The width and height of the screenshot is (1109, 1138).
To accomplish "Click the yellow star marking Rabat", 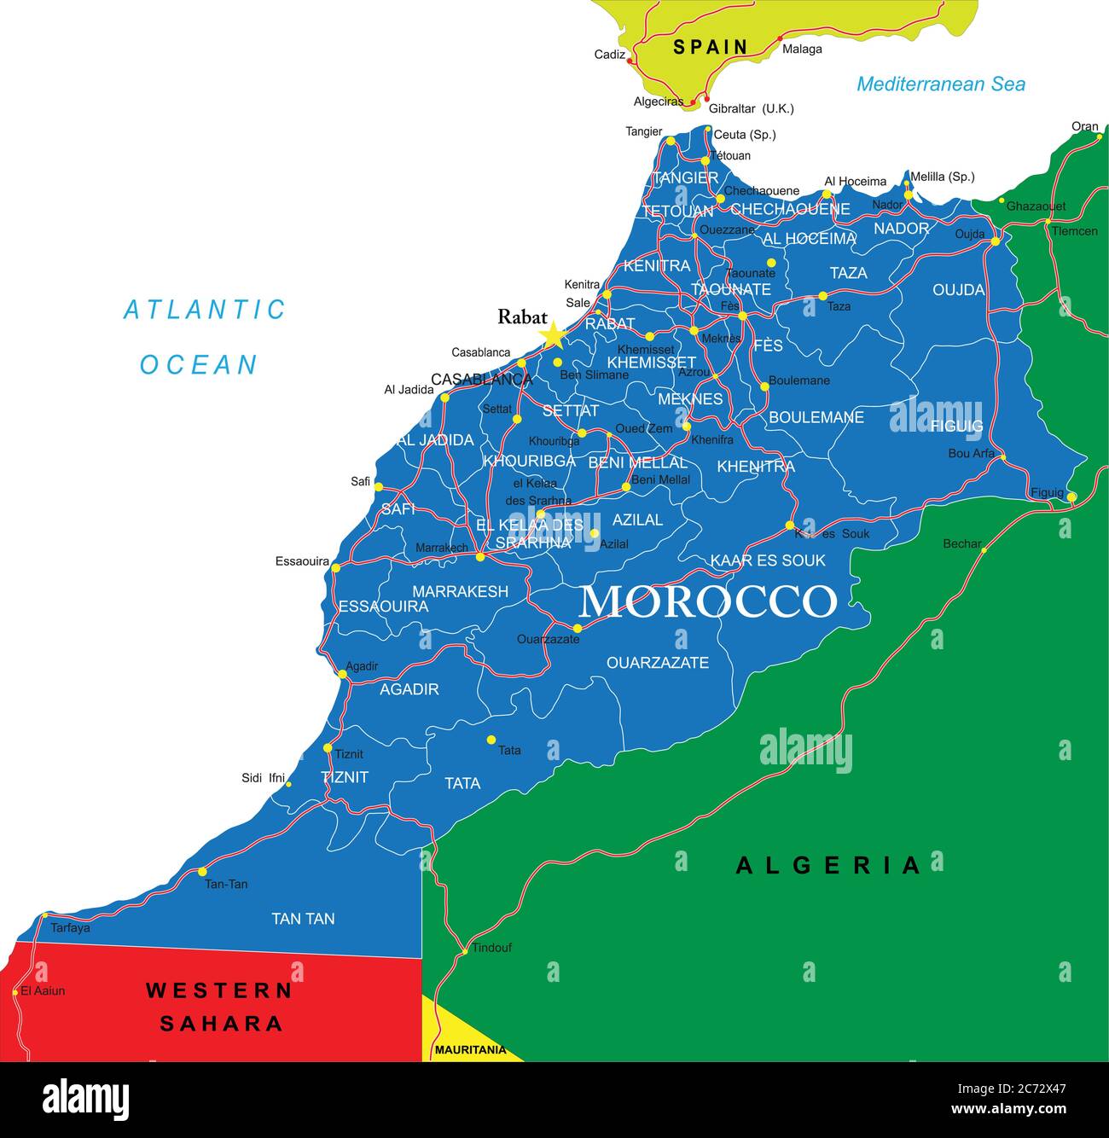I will coord(553,334).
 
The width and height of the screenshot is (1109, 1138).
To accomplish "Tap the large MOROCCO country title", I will coord(707,601).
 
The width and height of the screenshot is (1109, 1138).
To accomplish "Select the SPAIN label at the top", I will coord(710,47).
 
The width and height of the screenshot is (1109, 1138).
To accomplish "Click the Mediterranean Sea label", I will coord(940,84).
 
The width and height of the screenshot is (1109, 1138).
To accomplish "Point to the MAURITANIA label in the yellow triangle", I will coord(470,1050).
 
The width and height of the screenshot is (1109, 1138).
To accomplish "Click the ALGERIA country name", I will coord(828,865).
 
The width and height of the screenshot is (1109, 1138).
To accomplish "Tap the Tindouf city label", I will coord(492,947).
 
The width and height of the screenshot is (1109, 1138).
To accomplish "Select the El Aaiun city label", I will coord(43,990).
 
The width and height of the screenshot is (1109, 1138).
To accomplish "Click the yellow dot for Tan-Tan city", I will coord(202,871).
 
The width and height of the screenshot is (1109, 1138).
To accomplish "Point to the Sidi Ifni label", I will coord(263,777).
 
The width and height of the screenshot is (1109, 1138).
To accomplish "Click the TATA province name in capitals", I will coord(462,783).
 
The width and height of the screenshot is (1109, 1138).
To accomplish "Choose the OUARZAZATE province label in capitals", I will coord(657,662).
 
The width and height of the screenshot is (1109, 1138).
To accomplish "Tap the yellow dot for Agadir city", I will coord(343,674).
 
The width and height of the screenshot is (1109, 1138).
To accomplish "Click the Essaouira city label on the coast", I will coord(302,561).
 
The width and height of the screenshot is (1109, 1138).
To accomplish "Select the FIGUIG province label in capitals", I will coord(956,426).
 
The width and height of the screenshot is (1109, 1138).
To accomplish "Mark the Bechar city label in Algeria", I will coord(961,543).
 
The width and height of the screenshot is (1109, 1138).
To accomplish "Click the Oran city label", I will coord(1084,126).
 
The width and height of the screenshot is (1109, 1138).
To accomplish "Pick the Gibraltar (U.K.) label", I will coord(751,108).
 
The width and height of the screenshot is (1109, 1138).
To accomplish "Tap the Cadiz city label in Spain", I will coord(609,55).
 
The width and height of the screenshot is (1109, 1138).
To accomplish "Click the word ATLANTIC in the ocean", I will coord(205,310).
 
